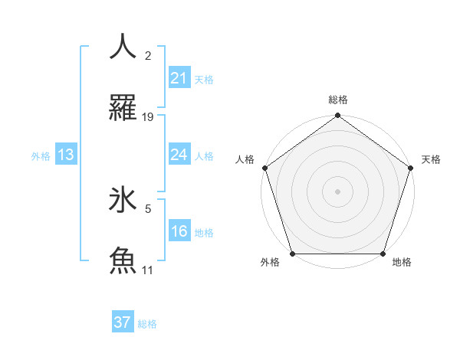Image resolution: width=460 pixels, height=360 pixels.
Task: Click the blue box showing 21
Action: pos(179,77)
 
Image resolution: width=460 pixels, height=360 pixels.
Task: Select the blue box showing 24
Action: pos(179,155)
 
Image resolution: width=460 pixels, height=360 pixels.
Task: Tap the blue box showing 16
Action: pos(179,231)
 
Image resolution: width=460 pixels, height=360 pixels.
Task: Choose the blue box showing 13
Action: pos(66,155)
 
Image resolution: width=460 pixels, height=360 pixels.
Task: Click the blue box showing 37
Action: pos(123,322)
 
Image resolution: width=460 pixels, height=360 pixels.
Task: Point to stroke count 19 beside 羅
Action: pos(148,117)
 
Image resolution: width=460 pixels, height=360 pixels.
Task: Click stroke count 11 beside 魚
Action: pos(148,270)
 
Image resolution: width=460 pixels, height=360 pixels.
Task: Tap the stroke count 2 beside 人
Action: pos(148,55)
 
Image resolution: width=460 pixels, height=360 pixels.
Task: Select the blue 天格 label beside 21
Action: pos(204,79)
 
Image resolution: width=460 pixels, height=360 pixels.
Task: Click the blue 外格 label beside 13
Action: pos(41,155)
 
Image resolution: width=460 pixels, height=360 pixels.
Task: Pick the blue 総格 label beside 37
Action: pos(147,324)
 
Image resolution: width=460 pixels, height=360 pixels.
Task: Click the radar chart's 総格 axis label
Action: pos(338,100)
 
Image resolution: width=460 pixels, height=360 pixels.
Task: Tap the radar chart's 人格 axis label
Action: pos(245,159)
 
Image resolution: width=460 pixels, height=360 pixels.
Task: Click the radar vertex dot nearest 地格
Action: pos(383,254)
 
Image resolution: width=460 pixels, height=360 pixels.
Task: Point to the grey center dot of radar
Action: pos(337,191)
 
